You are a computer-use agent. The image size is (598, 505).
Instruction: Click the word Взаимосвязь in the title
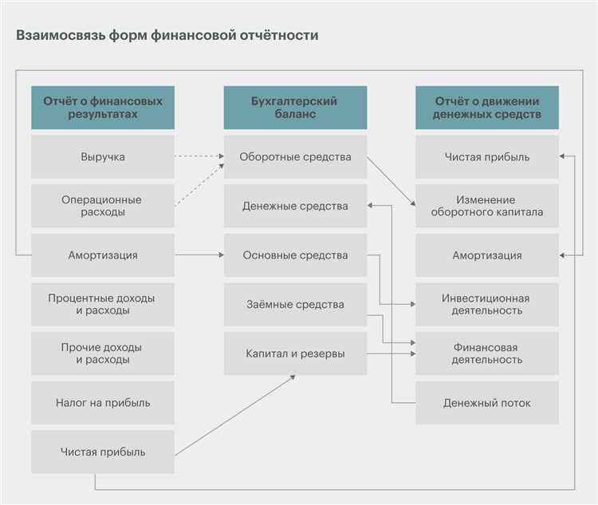coord(61,35)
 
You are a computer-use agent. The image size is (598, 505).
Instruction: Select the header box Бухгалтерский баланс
coord(295,108)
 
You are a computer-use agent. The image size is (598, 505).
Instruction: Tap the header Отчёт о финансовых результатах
coord(103,108)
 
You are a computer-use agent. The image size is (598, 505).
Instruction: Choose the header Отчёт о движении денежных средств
coord(487,108)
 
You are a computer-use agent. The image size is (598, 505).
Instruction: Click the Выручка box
coord(103,156)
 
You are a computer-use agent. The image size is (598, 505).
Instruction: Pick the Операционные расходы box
coord(103,206)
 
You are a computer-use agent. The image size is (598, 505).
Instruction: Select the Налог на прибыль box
coord(103,403)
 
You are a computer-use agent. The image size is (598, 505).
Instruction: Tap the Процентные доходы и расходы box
coord(103,304)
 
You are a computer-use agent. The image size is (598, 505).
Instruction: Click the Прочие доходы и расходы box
coord(103,353)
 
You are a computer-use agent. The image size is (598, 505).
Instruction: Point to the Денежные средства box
coord(295,206)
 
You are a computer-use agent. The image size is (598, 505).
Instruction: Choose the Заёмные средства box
coord(295,304)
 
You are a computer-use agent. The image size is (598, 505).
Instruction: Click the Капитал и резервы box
coord(295,353)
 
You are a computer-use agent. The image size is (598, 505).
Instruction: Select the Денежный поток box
coord(487,403)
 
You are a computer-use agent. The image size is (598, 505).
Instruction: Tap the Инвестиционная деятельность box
coord(487,304)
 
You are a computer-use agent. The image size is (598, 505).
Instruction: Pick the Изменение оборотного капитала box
coord(487,206)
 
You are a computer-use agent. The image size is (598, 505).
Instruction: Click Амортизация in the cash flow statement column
coord(487,255)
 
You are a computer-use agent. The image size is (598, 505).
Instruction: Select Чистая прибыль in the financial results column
coord(103,452)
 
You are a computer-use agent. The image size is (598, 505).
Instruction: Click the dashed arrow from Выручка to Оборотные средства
coord(199,156)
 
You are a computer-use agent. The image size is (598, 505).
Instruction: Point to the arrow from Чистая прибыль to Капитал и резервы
coord(235,416)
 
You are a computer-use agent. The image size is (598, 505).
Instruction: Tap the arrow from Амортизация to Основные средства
coord(199,254)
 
